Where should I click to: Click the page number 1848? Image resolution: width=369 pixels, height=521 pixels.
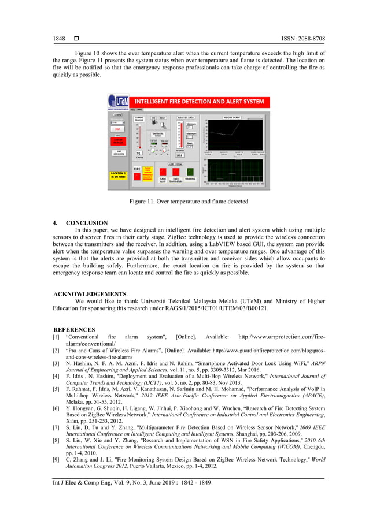[58, 39]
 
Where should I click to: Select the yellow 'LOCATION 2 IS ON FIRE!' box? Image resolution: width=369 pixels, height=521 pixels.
[119, 174]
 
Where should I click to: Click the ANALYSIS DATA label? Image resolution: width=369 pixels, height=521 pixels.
[188, 117]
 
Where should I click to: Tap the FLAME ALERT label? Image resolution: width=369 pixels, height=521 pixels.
[163, 181]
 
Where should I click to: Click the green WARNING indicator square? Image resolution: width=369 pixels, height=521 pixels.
[190, 172]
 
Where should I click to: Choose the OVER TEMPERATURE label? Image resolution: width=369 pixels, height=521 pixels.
[176, 181]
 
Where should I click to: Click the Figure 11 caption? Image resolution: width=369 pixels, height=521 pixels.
[184, 202]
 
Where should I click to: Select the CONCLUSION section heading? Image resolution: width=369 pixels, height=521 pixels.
[86, 222]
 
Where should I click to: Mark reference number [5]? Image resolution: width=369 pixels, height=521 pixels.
[56, 389]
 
